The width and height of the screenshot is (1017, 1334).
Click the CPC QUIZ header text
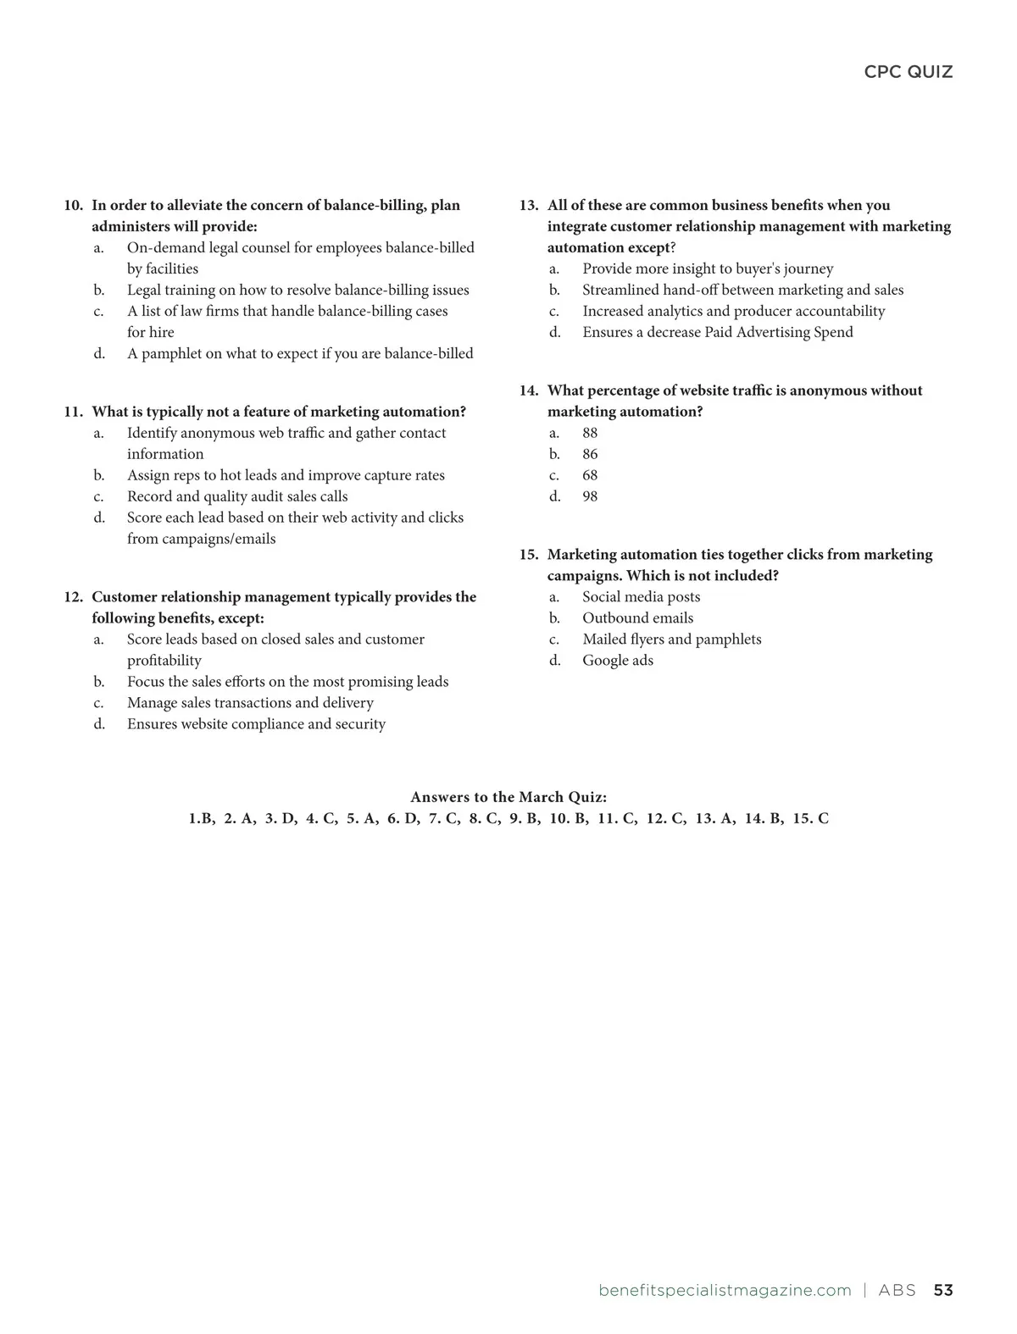pos(908,72)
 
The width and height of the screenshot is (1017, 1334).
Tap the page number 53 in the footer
pos(942,1290)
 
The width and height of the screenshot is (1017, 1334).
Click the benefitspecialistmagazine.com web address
pos(725,1290)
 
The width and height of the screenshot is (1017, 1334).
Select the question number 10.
pos(74,206)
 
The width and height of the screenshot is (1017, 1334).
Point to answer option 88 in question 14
pos(590,433)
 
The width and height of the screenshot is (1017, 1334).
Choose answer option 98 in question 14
pos(590,496)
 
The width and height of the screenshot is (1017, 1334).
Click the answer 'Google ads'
pos(617,661)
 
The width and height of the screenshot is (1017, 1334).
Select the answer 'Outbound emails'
pos(637,618)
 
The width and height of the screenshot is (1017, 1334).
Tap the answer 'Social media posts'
pos(641,597)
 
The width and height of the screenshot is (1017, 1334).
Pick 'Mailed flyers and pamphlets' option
pos(671,639)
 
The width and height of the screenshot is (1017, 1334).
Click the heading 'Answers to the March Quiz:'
pos(508,797)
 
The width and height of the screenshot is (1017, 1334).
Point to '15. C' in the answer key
pos(810,818)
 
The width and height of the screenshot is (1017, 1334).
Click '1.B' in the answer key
pos(201,818)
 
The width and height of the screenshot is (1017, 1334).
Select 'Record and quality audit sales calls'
pos(237,496)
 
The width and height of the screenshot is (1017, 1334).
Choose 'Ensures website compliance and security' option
pos(256,724)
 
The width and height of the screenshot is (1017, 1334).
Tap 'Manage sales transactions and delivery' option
pos(250,703)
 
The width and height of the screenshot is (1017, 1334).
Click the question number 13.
pos(529,206)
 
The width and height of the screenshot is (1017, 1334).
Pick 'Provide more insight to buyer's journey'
pos(708,268)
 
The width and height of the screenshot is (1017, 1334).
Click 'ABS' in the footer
pos(897,1290)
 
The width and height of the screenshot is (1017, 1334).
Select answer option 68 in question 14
pos(590,475)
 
